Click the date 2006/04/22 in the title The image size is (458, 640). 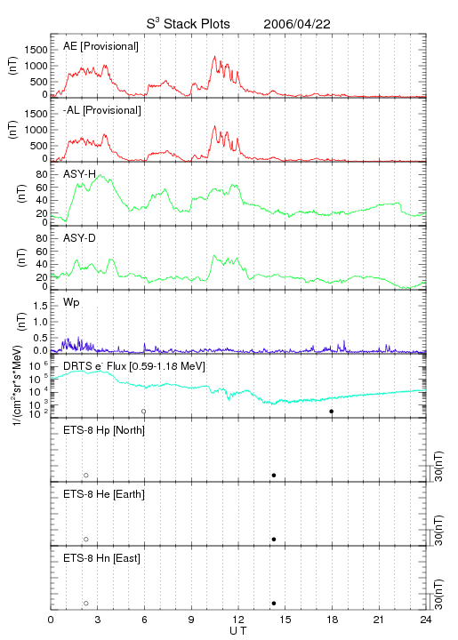(x=297, y=24)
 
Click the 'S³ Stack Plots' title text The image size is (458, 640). (x=189, y=24)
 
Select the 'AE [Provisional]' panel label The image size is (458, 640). (x=100, y=46)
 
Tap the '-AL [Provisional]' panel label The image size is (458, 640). (x=102, y=110)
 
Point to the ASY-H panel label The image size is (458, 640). (x=80, y=174)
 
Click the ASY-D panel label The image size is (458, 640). (x=80, y=238)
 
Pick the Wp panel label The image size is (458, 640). (x=71, y=302)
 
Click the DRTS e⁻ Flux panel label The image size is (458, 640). (x=134, y=366)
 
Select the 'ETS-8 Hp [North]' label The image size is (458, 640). (x=104, y=430)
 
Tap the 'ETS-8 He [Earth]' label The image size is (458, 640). (x=104, y=494)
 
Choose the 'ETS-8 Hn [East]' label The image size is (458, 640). (x=101, y=558)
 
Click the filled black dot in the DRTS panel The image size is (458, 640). (x=332, y=412)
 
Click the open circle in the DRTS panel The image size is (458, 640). (x=144, y=412)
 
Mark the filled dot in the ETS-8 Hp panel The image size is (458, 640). (x=274, y=475)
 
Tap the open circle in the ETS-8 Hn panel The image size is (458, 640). (x=86, y=604)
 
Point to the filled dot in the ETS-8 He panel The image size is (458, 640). (x=274, y=540)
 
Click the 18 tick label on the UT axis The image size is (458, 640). (x=333, y=620)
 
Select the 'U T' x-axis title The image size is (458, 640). (x=238, y=631)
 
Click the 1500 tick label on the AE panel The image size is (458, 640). (x=36, y=50)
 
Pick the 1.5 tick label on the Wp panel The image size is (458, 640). (x=41, y=306)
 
